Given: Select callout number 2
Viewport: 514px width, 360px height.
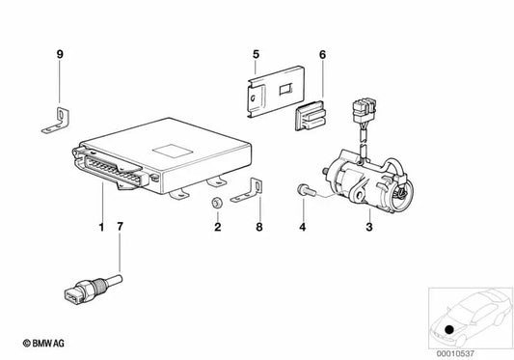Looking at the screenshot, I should (x=217, y=228).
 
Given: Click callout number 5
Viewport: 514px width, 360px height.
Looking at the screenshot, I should (x=256, y=54).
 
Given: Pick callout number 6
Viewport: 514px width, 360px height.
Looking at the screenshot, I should (x=323, y=54).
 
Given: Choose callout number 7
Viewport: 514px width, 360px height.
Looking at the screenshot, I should (x=120, y=228).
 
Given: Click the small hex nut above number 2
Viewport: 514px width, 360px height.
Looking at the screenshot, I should (x=218, y=203).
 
